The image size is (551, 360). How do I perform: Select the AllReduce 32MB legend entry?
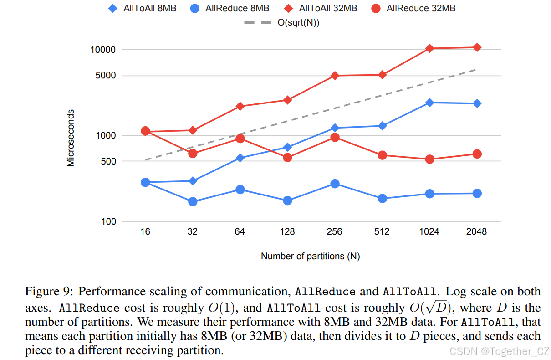tap(413, 8)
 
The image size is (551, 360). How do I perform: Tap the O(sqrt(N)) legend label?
tap(298, 23)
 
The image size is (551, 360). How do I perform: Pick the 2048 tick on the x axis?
tap(476, 231)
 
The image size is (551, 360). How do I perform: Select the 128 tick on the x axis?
tap(287, 231)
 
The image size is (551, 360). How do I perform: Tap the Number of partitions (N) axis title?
tap(310, 256)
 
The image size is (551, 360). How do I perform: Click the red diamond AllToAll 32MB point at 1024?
tap(429, 48)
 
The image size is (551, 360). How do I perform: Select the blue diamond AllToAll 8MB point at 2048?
tap(477, 103)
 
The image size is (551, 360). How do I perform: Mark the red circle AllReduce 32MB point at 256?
tap(335, 137)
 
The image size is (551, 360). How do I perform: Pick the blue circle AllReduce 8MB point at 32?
tap(193, 201)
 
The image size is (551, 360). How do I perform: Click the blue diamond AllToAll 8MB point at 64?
tap(240, 158)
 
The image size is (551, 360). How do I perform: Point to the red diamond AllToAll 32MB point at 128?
tap(287, 100)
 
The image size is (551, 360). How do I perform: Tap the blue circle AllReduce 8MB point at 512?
tap(382, 198)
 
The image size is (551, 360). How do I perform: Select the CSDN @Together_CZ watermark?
tap(499, 351)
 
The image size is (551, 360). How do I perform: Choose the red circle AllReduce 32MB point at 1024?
tap(429, 159)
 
